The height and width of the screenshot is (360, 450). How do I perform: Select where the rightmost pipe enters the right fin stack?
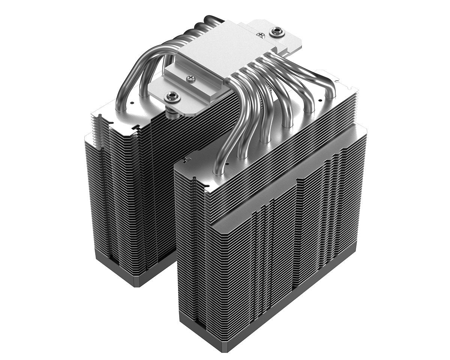330,96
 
